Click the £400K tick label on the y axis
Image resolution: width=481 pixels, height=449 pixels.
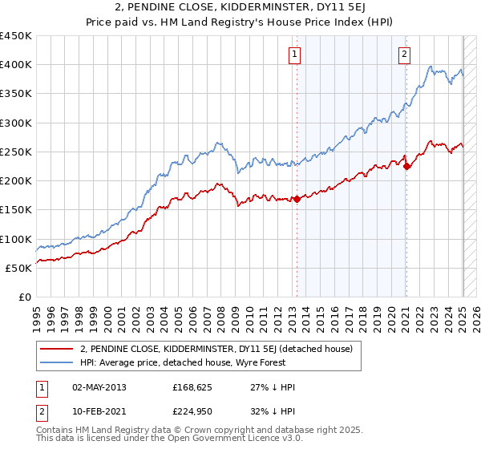pyautogui.click(x=15, y=65)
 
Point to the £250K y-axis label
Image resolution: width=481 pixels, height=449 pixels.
pyautogui.click(x=15, y=152)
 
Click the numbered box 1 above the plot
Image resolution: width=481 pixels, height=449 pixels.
pyautogui.click(x=295, y=55)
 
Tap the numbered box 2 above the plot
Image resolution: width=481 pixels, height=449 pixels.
pyautogui.click(x=403, y=55)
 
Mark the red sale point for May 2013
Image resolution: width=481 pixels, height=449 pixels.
pyautogui.click(x=297, y=199)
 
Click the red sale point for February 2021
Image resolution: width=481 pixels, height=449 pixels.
pyautogui.click(x=406, y=167)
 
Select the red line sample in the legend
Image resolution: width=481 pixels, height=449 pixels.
pyautogui.click(x=56, y=349)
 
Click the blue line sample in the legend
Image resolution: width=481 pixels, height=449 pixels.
pyautogui.click(x=56, y=362)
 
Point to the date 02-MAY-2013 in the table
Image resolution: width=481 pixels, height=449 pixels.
pyautogui.click(x=99, y=387)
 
